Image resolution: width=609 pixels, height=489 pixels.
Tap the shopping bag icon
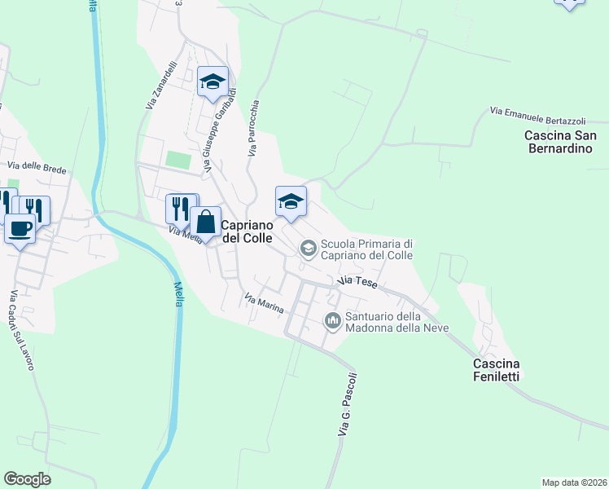click(206, 222)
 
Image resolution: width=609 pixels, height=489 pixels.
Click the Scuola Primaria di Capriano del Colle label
click(368, 249)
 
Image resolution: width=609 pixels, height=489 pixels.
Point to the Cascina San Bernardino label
click(561, 142)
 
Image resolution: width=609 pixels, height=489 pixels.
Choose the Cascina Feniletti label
click(497, 369)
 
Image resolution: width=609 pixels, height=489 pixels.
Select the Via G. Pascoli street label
click(348, 404)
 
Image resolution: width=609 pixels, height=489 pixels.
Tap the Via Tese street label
click(357, 281)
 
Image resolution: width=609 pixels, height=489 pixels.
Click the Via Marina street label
click(264, 302)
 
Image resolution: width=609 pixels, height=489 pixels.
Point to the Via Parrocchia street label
click(254, 128)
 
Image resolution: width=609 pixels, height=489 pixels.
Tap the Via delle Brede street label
click(37, 167)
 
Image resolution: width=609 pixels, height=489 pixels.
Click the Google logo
click(27, 479)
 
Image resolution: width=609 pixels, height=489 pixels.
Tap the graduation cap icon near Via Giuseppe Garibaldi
click(212, 81)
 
